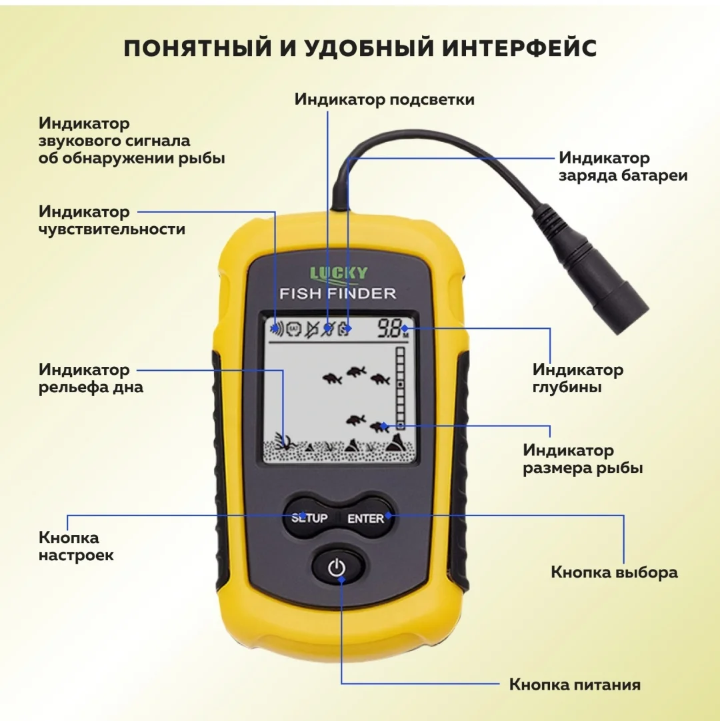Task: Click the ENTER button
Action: click(366, 518)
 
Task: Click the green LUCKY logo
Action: click(339, 273)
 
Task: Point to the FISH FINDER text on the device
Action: click(338, 293)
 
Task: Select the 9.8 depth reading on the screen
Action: click(389, 328)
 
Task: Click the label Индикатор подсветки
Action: click(385, 99)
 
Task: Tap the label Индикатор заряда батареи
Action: click(623, 167)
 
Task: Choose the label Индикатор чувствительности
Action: click(111, 220)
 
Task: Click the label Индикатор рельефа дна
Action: click(91, 378)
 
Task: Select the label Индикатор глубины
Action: click(578, 378)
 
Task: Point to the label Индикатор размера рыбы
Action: click(583, 459)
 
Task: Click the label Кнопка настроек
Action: click(76, 546)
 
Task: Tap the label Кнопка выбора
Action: click(614, 572)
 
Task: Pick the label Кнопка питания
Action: click(575, 685)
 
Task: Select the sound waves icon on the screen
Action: click(277, 328)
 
